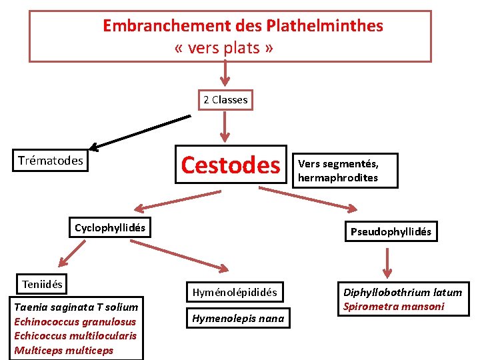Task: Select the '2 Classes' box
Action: (225, 100)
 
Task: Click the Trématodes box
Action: (51, 160)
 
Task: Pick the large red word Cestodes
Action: (231, 165)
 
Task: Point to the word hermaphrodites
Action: (338, 178)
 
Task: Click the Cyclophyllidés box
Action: (109, 227)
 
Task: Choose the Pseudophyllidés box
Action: (391, 232)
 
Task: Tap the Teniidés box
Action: (42, 284)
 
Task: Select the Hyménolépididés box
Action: (235, 292)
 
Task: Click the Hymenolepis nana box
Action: (238, 318)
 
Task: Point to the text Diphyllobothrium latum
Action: (402, 292)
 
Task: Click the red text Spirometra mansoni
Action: (393, 306)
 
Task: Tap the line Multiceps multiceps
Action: (63, 350)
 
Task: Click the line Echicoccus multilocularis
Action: (75, 335)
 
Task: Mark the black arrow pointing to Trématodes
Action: (139, 131)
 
